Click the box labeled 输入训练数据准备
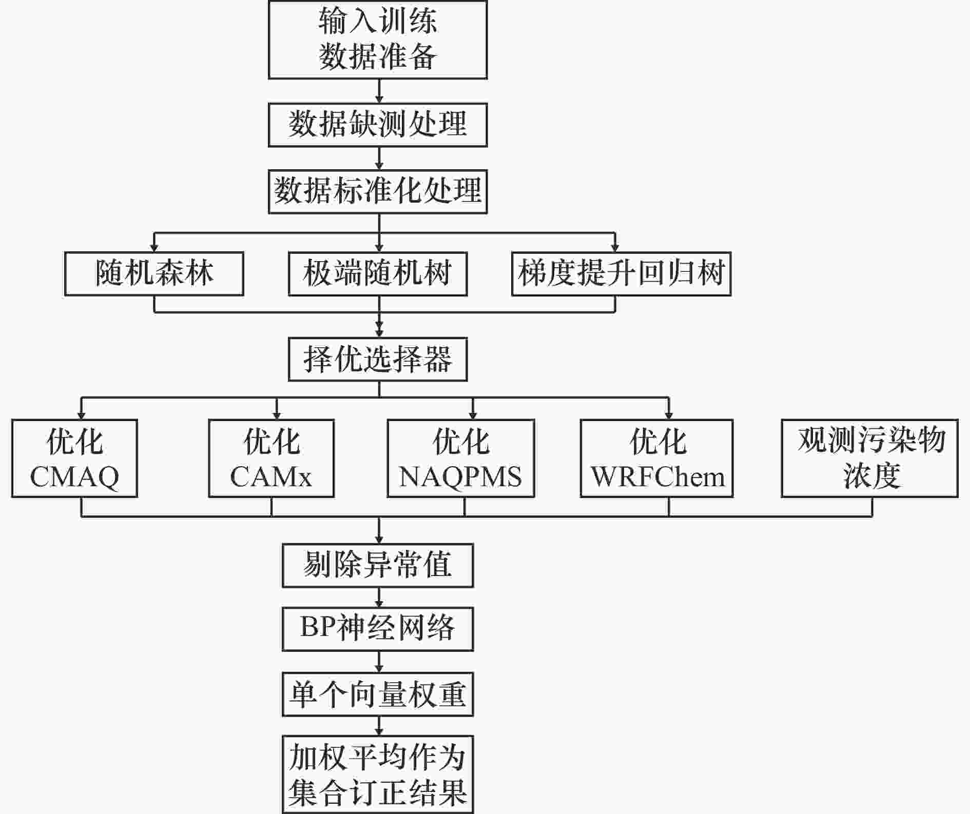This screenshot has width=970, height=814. [x=378, y=39]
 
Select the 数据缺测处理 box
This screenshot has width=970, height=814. [x=378, y=125]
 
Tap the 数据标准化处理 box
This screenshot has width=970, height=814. [x=378, y=191]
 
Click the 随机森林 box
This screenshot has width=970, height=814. [x=154, y=273]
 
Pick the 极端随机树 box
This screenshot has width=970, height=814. [x=378, y=273]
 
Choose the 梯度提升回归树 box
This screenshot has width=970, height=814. [x=621, y=273]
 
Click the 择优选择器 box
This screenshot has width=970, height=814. [x=378, y=359]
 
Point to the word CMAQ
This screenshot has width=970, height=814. [x=74, y=477]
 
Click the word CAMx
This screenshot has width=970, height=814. [x=271, y=477]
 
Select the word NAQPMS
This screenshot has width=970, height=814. [x=460, y=477]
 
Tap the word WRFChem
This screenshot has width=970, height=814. [x=657, y=477]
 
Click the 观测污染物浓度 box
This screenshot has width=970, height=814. [x=870, y=458]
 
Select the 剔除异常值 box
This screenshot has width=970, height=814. [x=378, y=565]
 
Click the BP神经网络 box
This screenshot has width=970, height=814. [x=378, y=629]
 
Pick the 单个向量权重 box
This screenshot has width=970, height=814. [x=378, y=694]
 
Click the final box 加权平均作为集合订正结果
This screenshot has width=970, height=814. [x=378, y=775]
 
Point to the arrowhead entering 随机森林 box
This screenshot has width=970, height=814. [x=154, y=248]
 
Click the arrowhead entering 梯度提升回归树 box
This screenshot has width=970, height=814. [x=615, y=248]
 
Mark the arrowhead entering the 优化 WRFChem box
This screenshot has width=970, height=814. [x=669, y=415]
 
